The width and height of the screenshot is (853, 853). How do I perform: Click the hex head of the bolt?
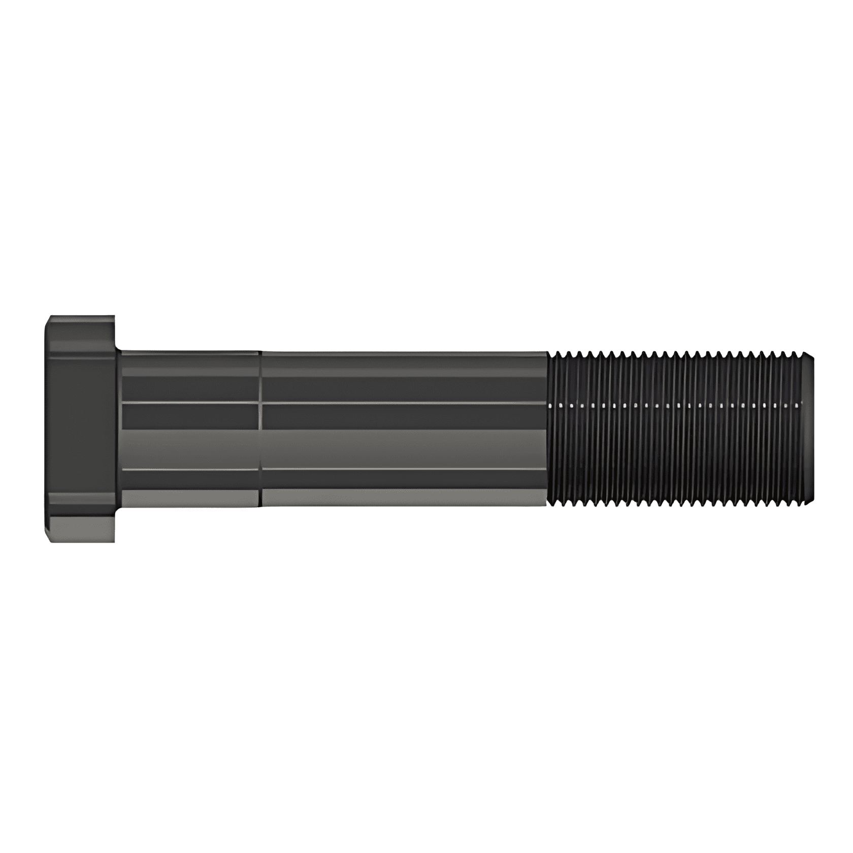pyautogui.click(x=81, y=429)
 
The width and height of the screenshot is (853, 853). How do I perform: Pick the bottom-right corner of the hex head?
pyautogui.click(x=114, y=541)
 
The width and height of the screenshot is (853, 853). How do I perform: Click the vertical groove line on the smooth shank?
pyautogui.click(x=260, y=429)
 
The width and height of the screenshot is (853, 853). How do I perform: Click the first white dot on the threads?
pyautogui.click(x=552, y=406)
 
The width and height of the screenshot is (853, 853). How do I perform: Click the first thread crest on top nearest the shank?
pyautogui.click(x=557, y=352)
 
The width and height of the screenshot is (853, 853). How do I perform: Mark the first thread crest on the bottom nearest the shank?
pyautogui.click(x=557, y=506)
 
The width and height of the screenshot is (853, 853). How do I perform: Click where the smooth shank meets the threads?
pyautogui.click(x=548, y=429)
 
